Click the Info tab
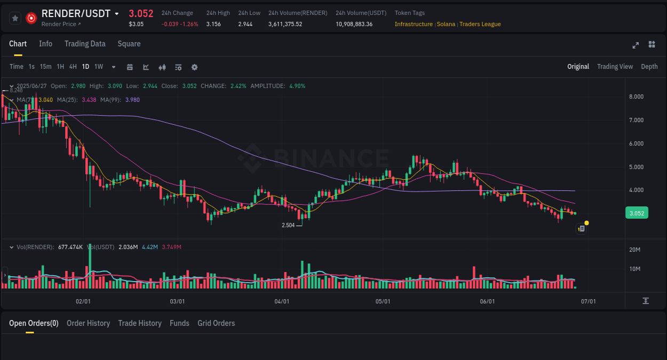45,44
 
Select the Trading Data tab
85,44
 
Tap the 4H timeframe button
73,67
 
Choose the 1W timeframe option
99,67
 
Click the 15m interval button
46,67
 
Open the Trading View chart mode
615,67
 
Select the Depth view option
649,67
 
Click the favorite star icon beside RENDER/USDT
15,18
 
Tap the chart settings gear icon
194,67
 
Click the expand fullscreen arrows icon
636,45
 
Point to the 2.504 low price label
288,225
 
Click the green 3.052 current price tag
636,213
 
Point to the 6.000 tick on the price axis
636,143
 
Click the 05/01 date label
383,301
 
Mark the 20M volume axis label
635,250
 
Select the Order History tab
88,323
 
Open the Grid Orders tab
216,323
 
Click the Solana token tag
446,24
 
